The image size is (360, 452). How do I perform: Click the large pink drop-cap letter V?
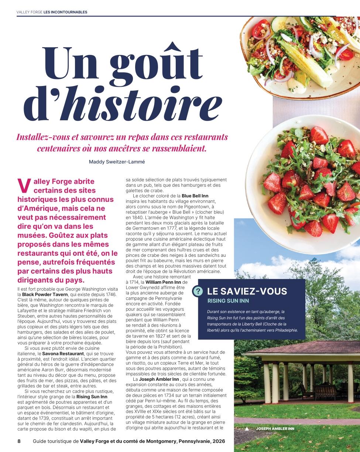[23, 186]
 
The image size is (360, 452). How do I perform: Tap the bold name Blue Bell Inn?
[195, 195]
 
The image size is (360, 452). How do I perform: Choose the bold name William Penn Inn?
[163, 282]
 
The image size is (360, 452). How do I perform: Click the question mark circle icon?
[198, 291]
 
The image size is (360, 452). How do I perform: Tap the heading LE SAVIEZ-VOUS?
[247, 291]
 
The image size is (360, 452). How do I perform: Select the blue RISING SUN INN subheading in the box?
[228, 301]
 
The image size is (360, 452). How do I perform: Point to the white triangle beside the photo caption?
[247, 429]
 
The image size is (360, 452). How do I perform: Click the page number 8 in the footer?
[19, 441]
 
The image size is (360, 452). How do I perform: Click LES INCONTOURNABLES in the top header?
[65, 12]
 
